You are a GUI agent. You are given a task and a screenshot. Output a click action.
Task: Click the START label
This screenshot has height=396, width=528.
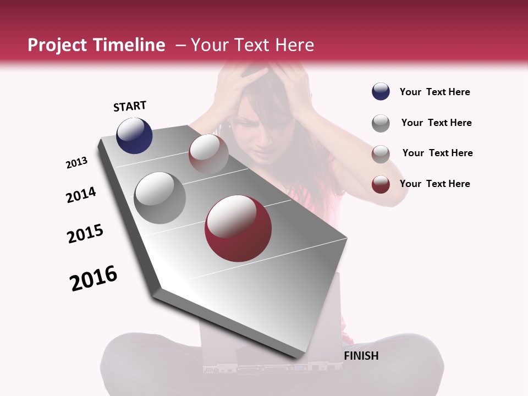130,106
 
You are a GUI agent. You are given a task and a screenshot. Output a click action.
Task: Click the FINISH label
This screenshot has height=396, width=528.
361,356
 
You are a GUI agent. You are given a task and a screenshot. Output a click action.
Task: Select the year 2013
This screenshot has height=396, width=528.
76,163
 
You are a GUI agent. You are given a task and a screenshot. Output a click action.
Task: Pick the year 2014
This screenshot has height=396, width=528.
81,195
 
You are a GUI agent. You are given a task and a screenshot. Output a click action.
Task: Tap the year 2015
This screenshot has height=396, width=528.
85,234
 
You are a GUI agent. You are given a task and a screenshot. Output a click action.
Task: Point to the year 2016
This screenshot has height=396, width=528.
94,278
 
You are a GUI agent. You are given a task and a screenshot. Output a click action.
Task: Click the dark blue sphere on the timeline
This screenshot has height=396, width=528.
134,135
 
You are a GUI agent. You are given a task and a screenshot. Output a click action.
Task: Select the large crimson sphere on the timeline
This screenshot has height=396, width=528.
238,228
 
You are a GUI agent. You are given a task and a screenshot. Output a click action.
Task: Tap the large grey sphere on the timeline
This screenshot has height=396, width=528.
159,197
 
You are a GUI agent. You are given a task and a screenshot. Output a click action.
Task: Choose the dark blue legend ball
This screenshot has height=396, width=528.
381,92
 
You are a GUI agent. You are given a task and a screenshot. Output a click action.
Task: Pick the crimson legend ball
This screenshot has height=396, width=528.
381,184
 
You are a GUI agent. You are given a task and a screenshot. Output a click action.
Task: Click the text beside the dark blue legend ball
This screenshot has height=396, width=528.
435,92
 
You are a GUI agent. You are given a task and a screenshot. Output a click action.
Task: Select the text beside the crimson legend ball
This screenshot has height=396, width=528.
435,184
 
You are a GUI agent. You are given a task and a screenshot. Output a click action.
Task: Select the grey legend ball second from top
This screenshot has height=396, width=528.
381,123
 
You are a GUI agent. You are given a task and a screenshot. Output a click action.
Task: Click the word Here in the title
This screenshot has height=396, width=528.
294,45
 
